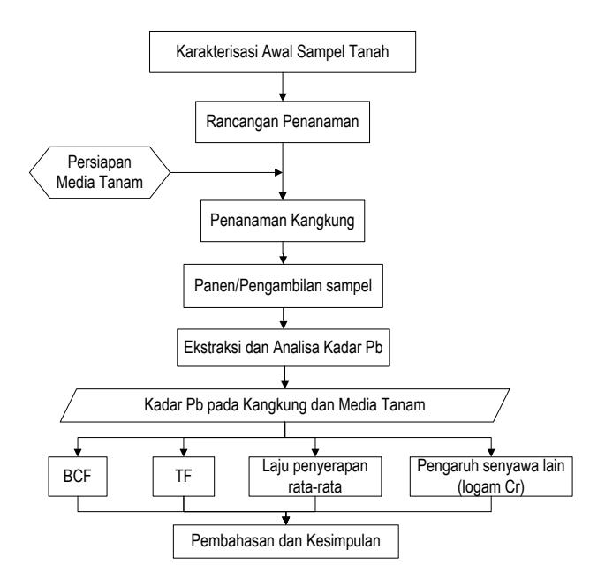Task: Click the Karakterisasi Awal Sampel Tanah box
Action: [x=283, y=52]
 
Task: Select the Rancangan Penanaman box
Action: [x=283, y=122]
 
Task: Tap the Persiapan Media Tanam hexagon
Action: [x=100, y=172]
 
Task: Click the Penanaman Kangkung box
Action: [x=283, y=221]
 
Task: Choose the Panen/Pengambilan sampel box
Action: [x=284, y=286]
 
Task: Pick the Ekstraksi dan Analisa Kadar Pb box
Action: [x=284, y=348]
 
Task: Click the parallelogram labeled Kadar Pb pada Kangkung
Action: [x=284, y=405]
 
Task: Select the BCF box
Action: [x=78, y=477]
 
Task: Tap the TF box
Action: [x=184, y=477]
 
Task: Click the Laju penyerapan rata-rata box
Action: [x=314, y=477]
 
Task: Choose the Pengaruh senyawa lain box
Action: [x=491, y=477]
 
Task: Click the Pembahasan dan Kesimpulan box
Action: [x=285, y=541]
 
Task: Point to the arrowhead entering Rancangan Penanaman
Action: [x=283, y=97]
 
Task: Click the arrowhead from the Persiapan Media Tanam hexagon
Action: [x=278, y=172]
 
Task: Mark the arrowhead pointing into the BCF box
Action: [x=78, y=453]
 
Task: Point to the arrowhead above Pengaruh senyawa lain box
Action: [x=491, y=453]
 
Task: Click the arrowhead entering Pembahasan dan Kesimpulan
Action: [x=285, y=520]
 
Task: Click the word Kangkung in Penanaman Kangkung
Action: [x=322, y=221]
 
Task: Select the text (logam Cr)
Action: [x=491, y=487]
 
